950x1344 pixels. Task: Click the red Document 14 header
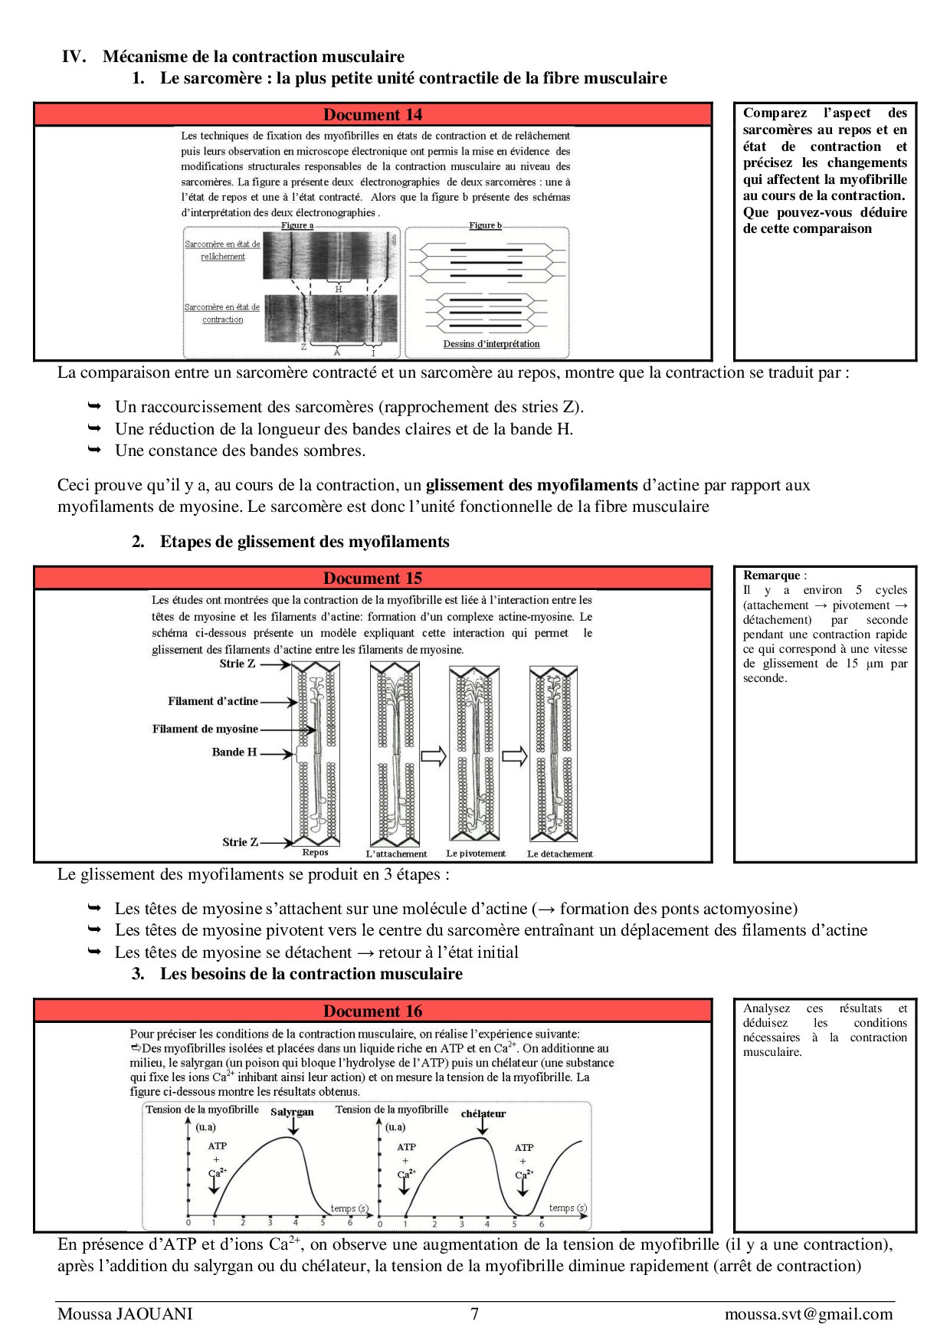[x=372, y=115]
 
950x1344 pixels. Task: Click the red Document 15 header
[x=372, y=579]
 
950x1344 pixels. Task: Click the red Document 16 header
[x=372, y=1011]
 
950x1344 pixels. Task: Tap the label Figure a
[x=297, y=225]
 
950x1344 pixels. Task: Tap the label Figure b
[x=486, y=225]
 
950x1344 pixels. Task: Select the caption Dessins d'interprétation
[x=491, y=344]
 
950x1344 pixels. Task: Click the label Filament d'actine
[x=213, y=701]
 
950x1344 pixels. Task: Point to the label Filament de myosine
[x=205, y=729]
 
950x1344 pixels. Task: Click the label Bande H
[x=234, y=752]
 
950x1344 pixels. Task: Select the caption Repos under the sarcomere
[x=315, y=852]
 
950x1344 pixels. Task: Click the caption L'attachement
[x=396, y=854]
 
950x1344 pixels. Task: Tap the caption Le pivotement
[x=476, y=853]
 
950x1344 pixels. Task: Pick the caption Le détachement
[x=559, y=854]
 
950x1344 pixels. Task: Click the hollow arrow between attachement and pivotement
[x=434, y=756]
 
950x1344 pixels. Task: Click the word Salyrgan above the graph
[x=292, y=1112]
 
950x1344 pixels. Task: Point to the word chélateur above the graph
[x=483, y=1113]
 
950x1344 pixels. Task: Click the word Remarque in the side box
[x=771, y=575]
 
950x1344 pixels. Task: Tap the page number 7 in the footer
[x=474, y=1314]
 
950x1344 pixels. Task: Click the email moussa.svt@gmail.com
[x=808, y=1314]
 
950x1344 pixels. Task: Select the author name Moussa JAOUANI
[x=125, y=1314]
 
